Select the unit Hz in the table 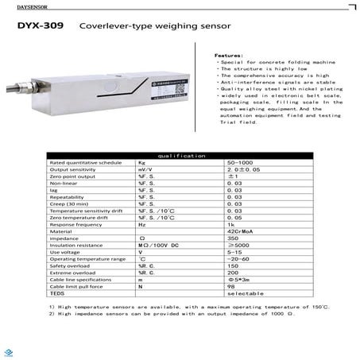tap(142, 224)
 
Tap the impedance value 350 tap(233, 238)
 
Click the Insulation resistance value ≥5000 tap(237, 245)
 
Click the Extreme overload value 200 tap(233, 273)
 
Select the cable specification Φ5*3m tap(238, 280)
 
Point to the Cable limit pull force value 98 tap(231, 286)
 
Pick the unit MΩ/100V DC tap(155, 245)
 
